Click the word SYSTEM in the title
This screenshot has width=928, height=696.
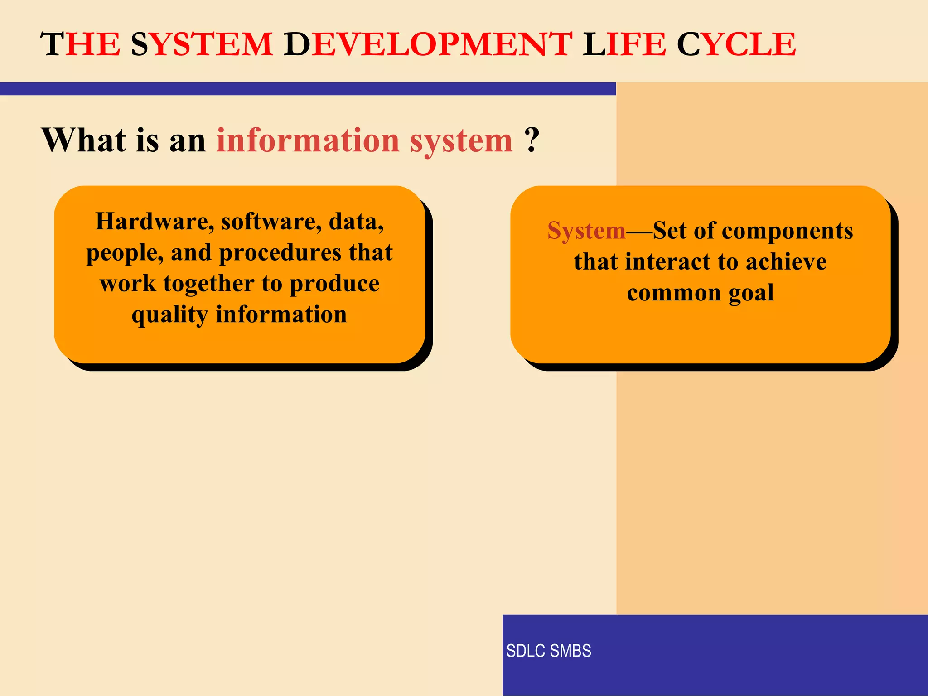point(202,44)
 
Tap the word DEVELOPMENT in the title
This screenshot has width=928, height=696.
point(428,44)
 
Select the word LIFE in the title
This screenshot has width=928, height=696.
point(624,44)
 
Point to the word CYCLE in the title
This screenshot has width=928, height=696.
point(736,44)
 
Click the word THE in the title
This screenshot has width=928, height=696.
point(81,44)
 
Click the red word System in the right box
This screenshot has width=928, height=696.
point(586,231)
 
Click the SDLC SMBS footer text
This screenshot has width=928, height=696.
point(548,651)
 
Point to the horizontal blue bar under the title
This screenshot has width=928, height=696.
point(308,89)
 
